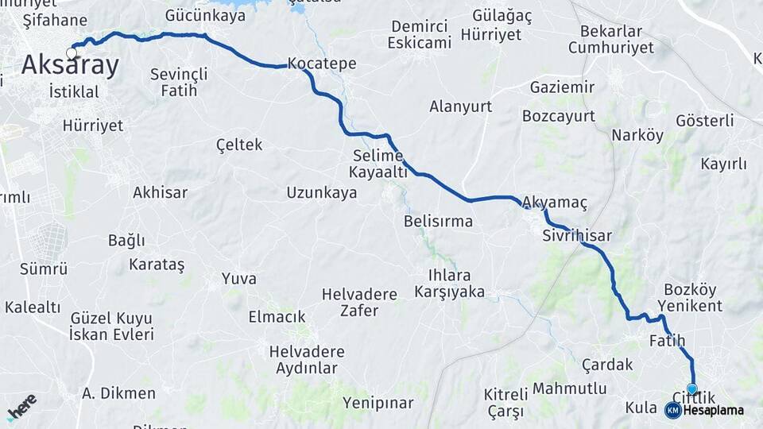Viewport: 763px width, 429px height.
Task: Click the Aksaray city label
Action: coord(70,65)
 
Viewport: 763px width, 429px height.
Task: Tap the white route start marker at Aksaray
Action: coord(72,53)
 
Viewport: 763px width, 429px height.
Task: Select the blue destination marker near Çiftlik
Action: coord(692,389)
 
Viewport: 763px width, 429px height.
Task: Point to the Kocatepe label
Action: coord(322,63)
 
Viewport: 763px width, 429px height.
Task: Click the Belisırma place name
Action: coord(438,221)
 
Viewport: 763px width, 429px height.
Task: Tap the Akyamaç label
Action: coord(555,203)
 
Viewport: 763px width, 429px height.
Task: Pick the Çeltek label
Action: coord(239,145)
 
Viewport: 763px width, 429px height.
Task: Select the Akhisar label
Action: coord(161,192)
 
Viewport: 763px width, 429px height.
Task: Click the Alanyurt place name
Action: coord(460,106)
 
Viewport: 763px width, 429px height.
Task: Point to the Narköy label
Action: coord(637,135)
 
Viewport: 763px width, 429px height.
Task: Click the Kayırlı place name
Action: coord(723,164)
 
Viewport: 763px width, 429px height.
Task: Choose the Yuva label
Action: coord(239,278)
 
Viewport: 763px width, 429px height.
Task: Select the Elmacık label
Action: coord(277,316)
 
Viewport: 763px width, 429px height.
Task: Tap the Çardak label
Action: coord(607,364)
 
